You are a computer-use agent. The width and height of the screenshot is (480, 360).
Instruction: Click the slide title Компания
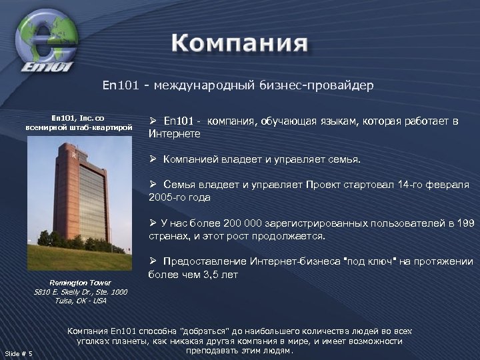[239, 45]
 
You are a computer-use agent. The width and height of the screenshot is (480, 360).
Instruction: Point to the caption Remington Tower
[80, 282]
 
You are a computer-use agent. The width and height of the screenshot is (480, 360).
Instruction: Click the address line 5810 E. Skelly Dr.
[80, 291]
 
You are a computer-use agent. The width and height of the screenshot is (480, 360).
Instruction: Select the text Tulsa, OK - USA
[80, 301]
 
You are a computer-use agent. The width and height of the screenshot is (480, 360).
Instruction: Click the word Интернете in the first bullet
[174, 134]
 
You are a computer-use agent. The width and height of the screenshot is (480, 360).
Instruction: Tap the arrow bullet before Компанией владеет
[153, 160]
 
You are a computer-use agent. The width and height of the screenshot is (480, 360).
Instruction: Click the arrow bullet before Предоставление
[153, 262]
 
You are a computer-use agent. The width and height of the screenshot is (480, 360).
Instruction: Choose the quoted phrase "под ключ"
[365, 262]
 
